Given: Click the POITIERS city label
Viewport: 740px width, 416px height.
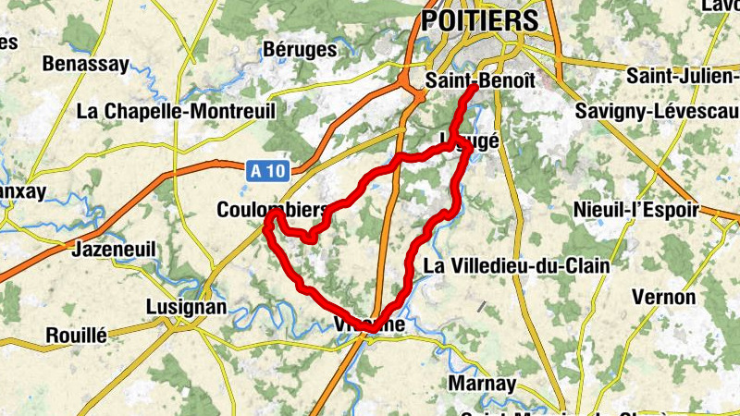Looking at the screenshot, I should click(479, 20).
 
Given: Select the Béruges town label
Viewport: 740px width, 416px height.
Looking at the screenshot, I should click(300, 50).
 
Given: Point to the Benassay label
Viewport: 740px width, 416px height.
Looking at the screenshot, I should click(84, 64).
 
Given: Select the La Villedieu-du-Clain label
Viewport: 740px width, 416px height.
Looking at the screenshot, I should click(516, 266).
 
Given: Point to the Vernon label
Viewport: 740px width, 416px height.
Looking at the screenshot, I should click(663, 298).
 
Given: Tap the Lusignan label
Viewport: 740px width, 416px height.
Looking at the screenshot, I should click(186, 307).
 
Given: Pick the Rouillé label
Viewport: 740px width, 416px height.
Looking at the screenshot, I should click(77, 335).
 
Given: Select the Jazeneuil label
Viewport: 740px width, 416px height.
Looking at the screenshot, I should click(113, 250).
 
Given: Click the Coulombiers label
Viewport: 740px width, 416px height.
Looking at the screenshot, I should click(273, 210).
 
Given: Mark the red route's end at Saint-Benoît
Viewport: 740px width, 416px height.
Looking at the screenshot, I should click(473, 90).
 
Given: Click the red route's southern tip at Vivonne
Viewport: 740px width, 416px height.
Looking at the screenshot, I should click(371, 329).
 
